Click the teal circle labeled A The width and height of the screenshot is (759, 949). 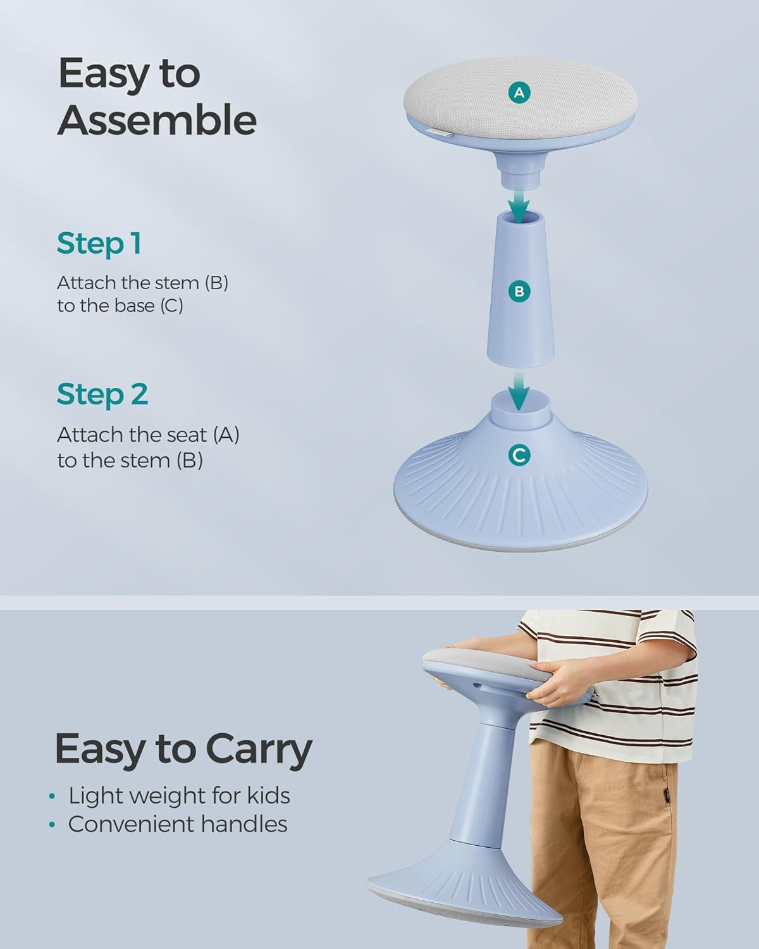tap(519, 92)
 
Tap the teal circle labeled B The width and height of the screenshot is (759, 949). tap(519, 292)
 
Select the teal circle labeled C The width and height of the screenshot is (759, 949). tap(519, 455)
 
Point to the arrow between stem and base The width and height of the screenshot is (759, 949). tap(519, 390)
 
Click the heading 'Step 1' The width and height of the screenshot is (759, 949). tap(99, 244)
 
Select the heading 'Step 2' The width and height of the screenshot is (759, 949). tap(102, 394)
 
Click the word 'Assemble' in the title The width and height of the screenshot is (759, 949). tap(157, 120)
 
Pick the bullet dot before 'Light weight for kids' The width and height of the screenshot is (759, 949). tap(52, 797)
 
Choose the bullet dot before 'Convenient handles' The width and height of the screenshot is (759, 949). tap(52, 824)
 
